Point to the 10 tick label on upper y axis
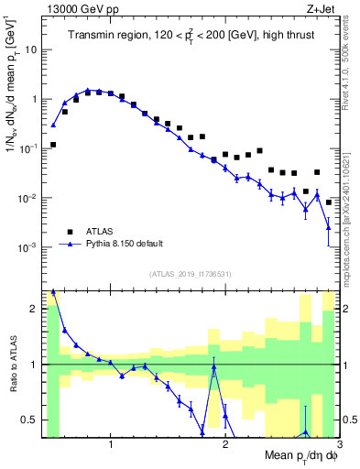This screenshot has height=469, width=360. [x=30, y=49]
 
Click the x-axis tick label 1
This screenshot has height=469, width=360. [x=110, y=446]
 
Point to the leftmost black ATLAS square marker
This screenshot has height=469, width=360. [x=53, y=145]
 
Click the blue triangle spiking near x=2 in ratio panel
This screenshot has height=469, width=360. [x=213, y=369]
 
